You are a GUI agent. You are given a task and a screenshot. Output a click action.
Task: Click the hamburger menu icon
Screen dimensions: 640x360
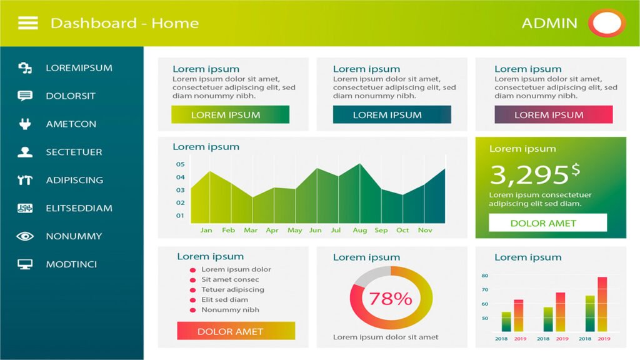tap(27, 23)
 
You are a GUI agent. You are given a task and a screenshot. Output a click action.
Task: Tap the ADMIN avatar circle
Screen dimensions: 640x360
tap(606, 23)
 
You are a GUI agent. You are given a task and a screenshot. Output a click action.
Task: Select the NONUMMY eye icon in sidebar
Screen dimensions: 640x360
tap(25, 236)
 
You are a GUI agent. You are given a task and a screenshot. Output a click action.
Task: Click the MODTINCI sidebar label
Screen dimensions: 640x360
tap(71, 264)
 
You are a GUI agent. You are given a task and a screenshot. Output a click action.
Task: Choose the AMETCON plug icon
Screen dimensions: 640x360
tap(25, 124)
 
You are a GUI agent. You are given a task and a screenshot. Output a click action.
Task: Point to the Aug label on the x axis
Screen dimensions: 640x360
tap(359, 230)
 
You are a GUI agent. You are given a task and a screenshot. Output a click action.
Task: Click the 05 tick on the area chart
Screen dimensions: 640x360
tap(181, 164)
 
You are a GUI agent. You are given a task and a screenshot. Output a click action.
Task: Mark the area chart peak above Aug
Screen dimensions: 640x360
tap(359, 164)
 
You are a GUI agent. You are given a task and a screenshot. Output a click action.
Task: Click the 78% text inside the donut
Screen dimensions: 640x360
tap(391, 298)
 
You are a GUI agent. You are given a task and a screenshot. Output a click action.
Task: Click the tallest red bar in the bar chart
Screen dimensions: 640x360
tap(602, 304)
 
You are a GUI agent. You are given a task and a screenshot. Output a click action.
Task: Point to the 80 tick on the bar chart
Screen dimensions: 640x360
tap(485, 276)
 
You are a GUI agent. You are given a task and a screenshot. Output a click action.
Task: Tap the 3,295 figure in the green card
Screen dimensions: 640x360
tap(529, 174)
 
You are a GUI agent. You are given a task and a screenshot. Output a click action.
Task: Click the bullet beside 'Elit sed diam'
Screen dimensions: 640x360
tap(192, 300)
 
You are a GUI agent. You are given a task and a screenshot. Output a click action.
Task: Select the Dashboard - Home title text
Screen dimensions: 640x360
tap(124, 23)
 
